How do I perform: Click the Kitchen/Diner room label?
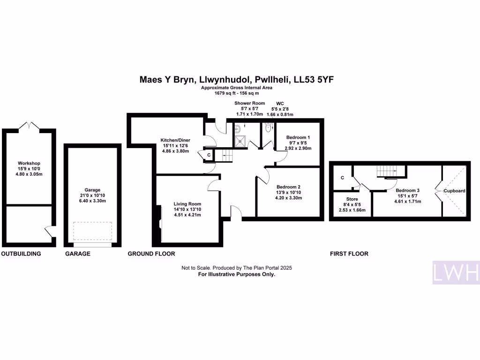(x=175, y=140)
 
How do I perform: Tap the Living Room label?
(x=187, y=204)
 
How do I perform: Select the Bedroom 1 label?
(x=298, y=137)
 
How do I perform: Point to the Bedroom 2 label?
(x=288, y=187)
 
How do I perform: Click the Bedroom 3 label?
(x=407, y=190)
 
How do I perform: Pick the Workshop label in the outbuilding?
(x=29, y=163)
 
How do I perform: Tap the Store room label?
(x=352, y=199)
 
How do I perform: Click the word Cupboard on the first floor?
(x=455, y=191)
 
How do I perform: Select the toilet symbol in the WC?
(x=269, y=127)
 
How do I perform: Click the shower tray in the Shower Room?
(x=240, y=141)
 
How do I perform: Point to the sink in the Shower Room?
(x=237, y=129)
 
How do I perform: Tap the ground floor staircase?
(x=224, y=156)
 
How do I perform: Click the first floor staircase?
(x=387, y=171)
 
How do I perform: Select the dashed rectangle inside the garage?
(x=92, y=231)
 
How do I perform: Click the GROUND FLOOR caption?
(x=151, y=254)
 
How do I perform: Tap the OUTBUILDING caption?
(x=21, y=254)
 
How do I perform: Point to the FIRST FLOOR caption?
(x=349, y=254)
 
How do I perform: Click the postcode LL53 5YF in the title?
(x=314, y=80)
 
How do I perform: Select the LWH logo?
(x=456, y=272)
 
